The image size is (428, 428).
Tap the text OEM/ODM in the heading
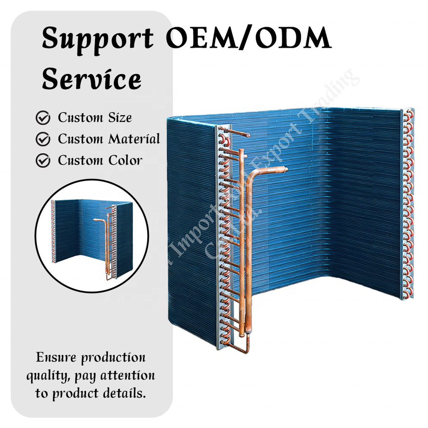coord(249,39)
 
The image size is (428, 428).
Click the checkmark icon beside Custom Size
coord(43,118)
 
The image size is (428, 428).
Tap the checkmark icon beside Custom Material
coord(43,140)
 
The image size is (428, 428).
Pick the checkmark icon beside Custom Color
coord(43,160)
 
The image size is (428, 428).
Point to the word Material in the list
coord(134,139)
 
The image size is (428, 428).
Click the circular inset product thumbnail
coord(91,236)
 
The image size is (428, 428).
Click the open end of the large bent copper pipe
coord(284,169)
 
